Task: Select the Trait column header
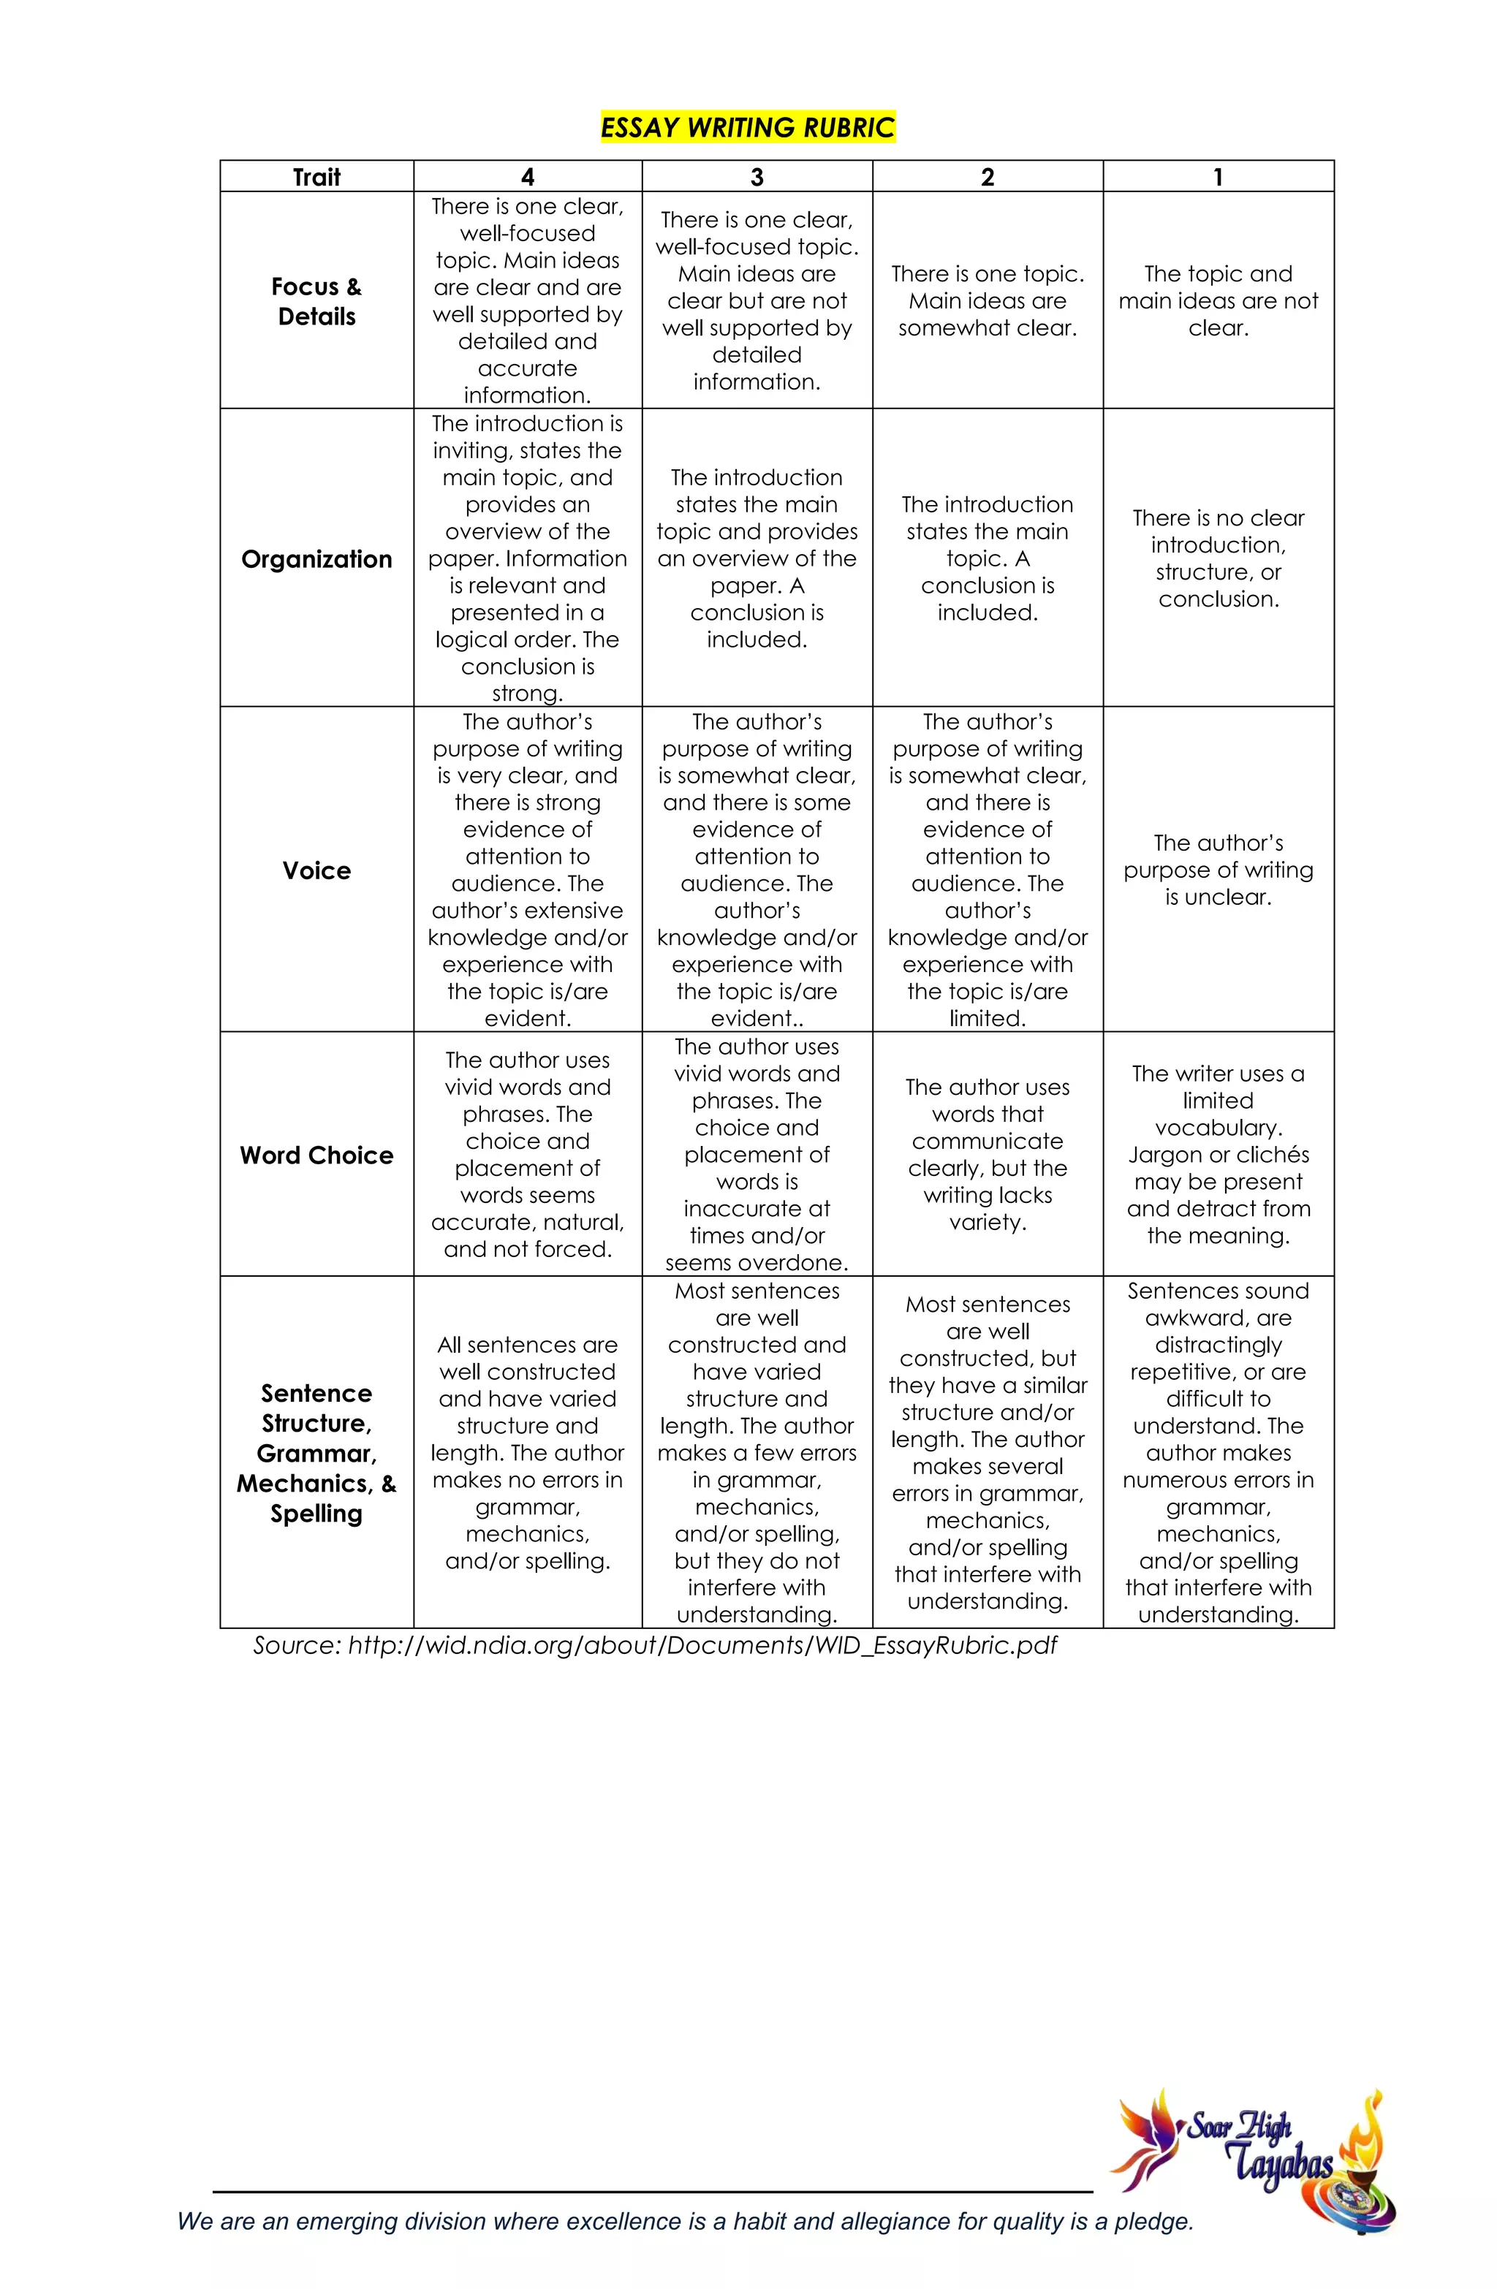[x=317, y=177]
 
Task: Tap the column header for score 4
[x=527, y=177]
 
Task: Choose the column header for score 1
[x=1217, y=177]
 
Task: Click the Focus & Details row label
[x=317, y=301]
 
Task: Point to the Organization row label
[x=317, y=559]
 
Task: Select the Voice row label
[x=317, y=870]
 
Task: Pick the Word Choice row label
[x=317, y=1155]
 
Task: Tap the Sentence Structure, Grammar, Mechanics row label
[x=317, y=1452]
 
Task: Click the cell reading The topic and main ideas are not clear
[x=1217, y=301]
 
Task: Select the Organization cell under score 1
[x=1217, y=559]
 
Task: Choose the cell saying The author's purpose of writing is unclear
[x=1217, y=870]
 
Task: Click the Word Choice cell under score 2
[x=987, y=1155]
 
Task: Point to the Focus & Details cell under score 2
[x=987, y=301]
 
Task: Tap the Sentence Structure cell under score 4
[x=527, y=1452]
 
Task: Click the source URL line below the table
[x=654, y=1646]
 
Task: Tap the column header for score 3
[x=757, y=177]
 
